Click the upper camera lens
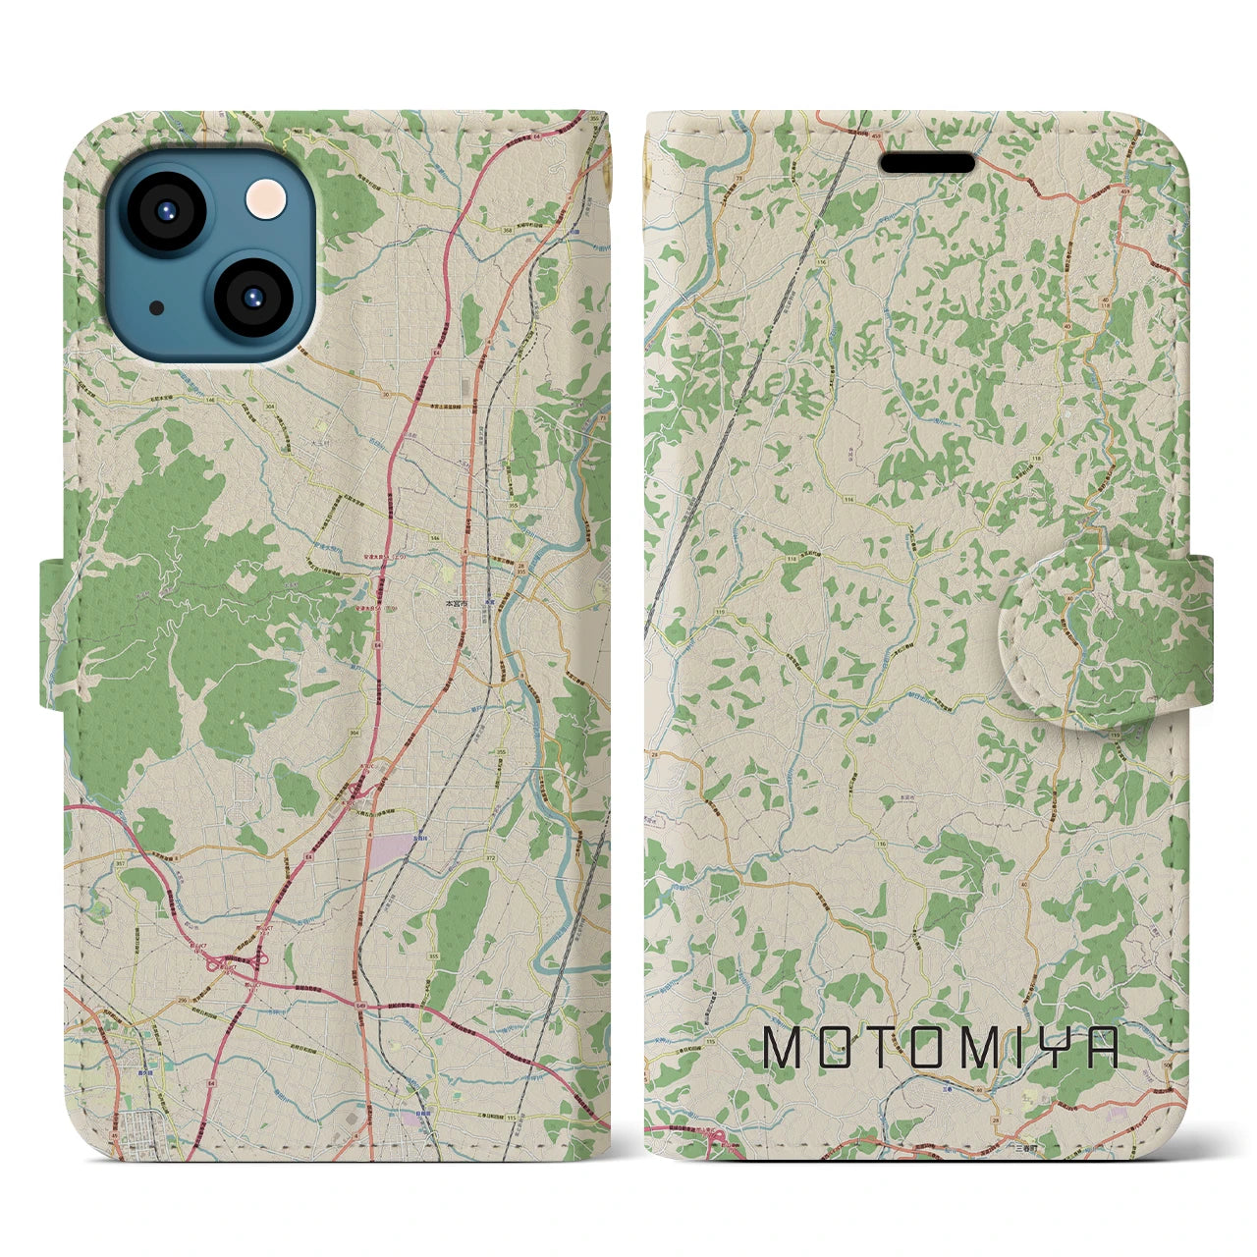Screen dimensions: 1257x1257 162,211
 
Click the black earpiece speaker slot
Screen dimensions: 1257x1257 928,162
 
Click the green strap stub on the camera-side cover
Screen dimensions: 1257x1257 54,632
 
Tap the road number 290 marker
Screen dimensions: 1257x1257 155,971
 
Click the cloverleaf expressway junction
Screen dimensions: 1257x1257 233,963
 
